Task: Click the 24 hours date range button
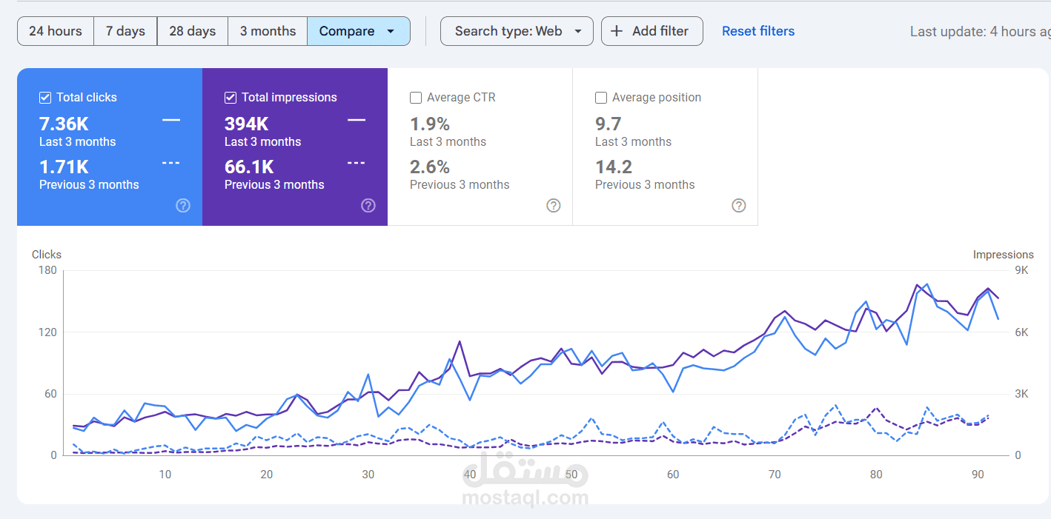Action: coord(56,31)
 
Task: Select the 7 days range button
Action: coord(125,31)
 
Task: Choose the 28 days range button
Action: coord(192,31)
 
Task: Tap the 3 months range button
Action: coord(268,31)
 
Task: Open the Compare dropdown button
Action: coord(358,31)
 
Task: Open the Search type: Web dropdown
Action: coord(517,31)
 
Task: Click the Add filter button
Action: coord(652,31)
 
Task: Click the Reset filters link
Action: coord(758,31)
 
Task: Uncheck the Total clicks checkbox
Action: coord(45,98)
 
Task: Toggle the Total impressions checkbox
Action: coord(231,98)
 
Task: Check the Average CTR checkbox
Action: coord(416,98)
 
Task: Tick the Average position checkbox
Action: coord(601,98)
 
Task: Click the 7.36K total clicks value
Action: coord(64,124)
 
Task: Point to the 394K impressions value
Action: coord(247,124)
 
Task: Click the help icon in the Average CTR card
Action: coord(554,206)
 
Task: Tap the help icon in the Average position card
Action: coord(739,206)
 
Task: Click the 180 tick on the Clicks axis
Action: coord(47,270)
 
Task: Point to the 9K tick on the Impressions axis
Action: coord(1021,270)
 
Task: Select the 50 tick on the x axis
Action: coord(571,474)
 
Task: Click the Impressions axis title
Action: coord(1003,255)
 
